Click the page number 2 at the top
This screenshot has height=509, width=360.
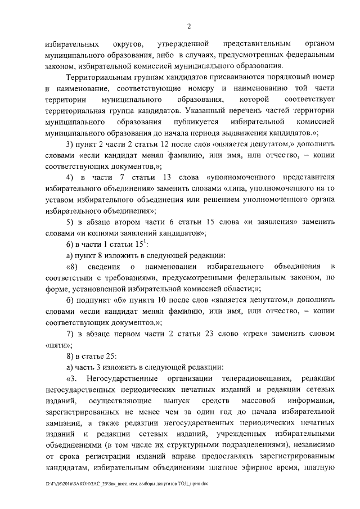click(190, 26)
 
